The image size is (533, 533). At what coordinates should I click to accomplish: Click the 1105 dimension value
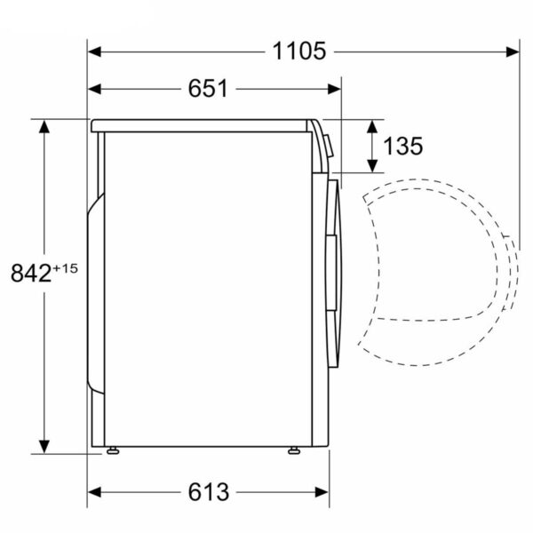tap(299, 52)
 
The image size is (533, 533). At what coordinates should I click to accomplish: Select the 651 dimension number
tap(208, 89)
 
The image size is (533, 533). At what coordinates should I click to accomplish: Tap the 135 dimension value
tap(403, 147)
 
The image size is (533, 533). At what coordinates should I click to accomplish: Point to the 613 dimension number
tap(209, 492)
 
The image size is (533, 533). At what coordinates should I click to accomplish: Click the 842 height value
tap(31, 273)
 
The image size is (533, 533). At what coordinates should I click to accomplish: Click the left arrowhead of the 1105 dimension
tap(95, 52)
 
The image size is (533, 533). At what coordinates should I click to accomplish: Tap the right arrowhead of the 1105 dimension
tap(513, 52)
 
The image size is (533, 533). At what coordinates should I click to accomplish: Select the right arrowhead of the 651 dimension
tap(334, 89)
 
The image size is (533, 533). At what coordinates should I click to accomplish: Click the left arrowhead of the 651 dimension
tap(95, 89)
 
